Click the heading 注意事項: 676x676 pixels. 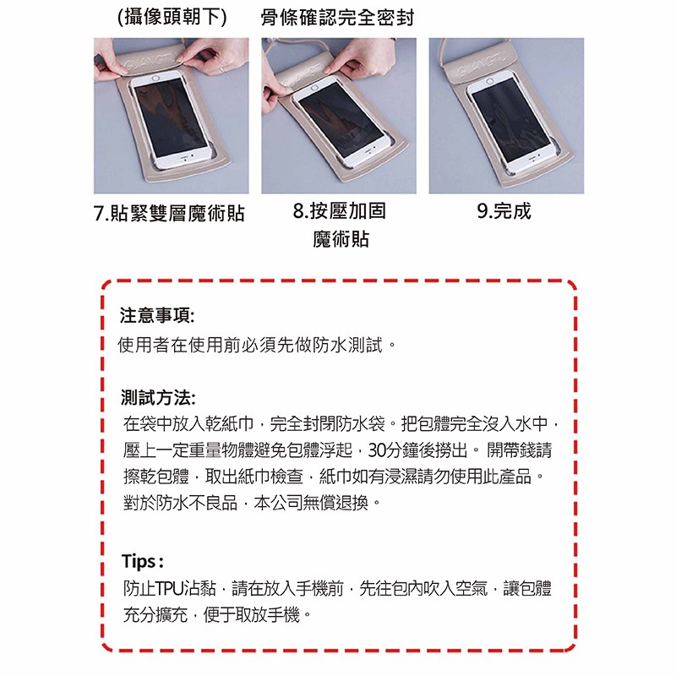click(x=157, y=315)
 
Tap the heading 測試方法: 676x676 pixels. click(x=158, y=397)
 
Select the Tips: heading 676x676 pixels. click(x=143, y=561)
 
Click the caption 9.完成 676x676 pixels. click(x=504, y=210)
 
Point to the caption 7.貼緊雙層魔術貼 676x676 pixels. click(x=169, y=213)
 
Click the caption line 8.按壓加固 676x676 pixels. click(x=340, y=210)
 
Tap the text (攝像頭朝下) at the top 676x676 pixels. click(x=172, y=17)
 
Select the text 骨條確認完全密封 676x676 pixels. click(x=337, y=18)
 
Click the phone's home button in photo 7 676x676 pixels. click(x=156, y=79)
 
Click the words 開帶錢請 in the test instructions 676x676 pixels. click(x=519, y=450)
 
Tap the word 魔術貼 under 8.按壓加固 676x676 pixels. click(x=341, y=239)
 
